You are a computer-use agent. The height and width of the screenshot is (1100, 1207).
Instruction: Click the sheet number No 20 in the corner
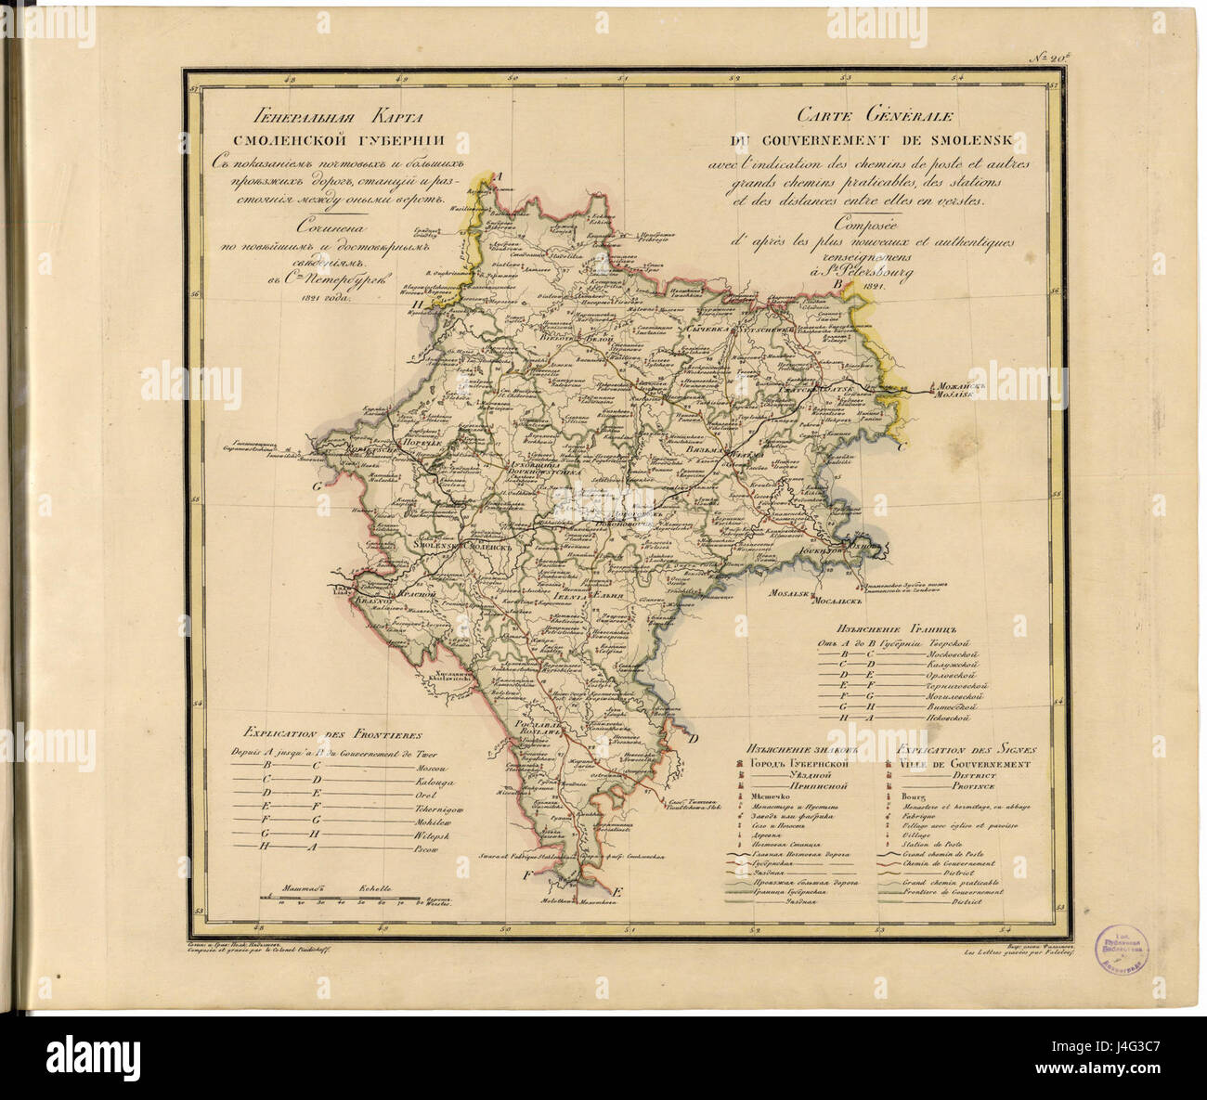point(1050,58)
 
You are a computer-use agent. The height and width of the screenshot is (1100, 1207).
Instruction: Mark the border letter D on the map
point(693,739)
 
